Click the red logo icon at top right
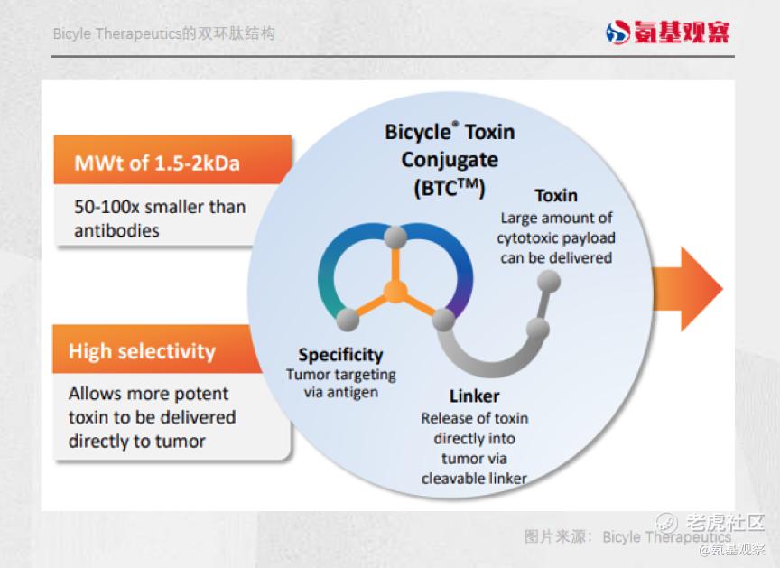(x=617, y=33)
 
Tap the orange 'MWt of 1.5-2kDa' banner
(x=172, y=160)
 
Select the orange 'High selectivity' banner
(x=157, y=349)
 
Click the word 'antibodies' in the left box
(x=116, y=231)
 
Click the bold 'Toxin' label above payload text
(x=556, y=195)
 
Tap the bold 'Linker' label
(x=474, y=396)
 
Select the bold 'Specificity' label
(x=340, y=355)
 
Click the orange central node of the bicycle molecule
(x=395, y=292)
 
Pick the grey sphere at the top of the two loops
(x=395, y=237)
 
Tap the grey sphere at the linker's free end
(x=549, y=282)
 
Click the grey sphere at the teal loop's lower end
(x=348, y=320)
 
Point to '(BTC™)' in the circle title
(x=450, y=189)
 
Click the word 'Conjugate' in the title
(x=450, y=160)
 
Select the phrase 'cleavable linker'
(x=474, y=479)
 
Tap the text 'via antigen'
(x=341, y=393)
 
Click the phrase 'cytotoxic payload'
(x=555, y=238)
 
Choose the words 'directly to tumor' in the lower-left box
(x=137, y=442)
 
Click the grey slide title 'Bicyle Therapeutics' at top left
(x=116, y=33)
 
